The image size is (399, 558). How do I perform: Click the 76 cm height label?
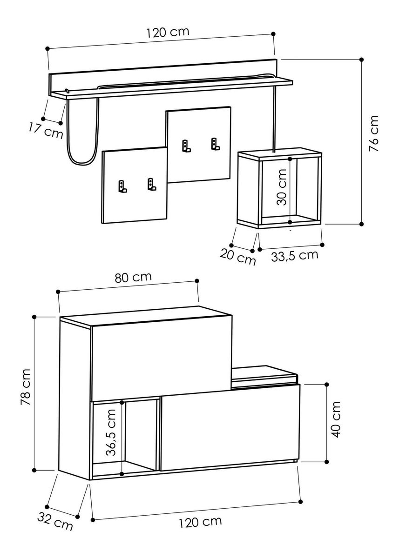(373, 133)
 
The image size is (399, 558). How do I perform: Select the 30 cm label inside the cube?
(281, 187)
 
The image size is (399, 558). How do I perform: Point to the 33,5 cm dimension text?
(295, 256)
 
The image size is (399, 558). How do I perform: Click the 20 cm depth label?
(237, 257)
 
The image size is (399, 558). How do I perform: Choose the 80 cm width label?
(133, 277)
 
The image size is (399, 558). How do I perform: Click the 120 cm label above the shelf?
(168, 33)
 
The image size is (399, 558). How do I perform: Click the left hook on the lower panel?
(122, 186)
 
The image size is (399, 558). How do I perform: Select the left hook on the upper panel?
(186, 146)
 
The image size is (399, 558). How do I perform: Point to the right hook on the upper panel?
(215, 144)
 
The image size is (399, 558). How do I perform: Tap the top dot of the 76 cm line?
(362, 60)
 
